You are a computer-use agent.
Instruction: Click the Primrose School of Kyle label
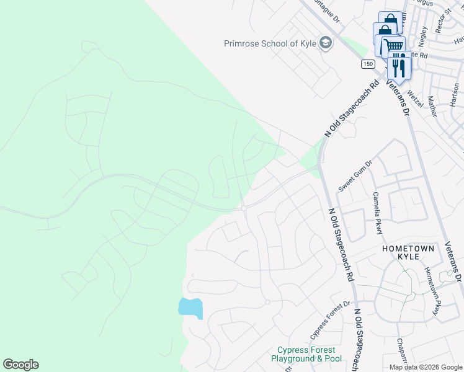coord(270,43)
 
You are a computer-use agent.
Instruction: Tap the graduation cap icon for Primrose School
coord(326,43)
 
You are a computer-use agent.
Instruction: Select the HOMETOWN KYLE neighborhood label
coord(408,248)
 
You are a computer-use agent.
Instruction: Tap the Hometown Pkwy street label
coord(432,290)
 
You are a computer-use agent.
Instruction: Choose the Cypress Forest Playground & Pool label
coord(309,354)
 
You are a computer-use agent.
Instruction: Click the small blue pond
coord(190,308)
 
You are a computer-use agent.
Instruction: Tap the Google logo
coord(20,365)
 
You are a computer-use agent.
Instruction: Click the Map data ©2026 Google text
coord(426,367)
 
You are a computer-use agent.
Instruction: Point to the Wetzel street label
coord(416,97)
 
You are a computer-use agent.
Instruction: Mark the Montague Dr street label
coord(328,11)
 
